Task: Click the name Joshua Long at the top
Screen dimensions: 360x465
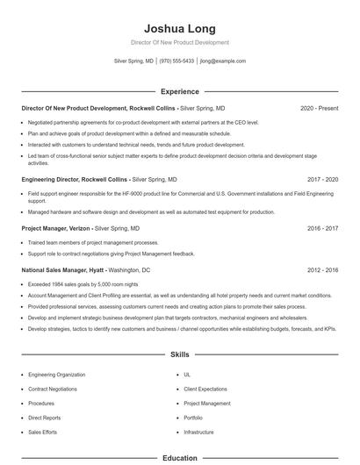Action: click(179, 28)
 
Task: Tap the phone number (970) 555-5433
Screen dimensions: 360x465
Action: click(176, 61)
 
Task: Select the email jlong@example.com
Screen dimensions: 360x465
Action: click(222, 61)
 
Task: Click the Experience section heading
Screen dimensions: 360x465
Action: click(179, 91)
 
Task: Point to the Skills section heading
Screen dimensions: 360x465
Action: click(179, 355)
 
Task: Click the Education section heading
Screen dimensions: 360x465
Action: click(179, 457)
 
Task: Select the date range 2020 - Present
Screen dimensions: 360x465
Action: click(319, 108)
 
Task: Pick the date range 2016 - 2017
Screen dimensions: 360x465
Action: click(322, 227)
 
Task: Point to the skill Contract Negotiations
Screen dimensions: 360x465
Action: click(54, 388)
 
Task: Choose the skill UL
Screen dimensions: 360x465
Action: click(187, 374)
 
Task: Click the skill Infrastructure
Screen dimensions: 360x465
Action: click(198, 432)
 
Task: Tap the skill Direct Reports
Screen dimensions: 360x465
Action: click(44, 418)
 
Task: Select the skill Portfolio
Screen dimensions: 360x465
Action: click(193, 418)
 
